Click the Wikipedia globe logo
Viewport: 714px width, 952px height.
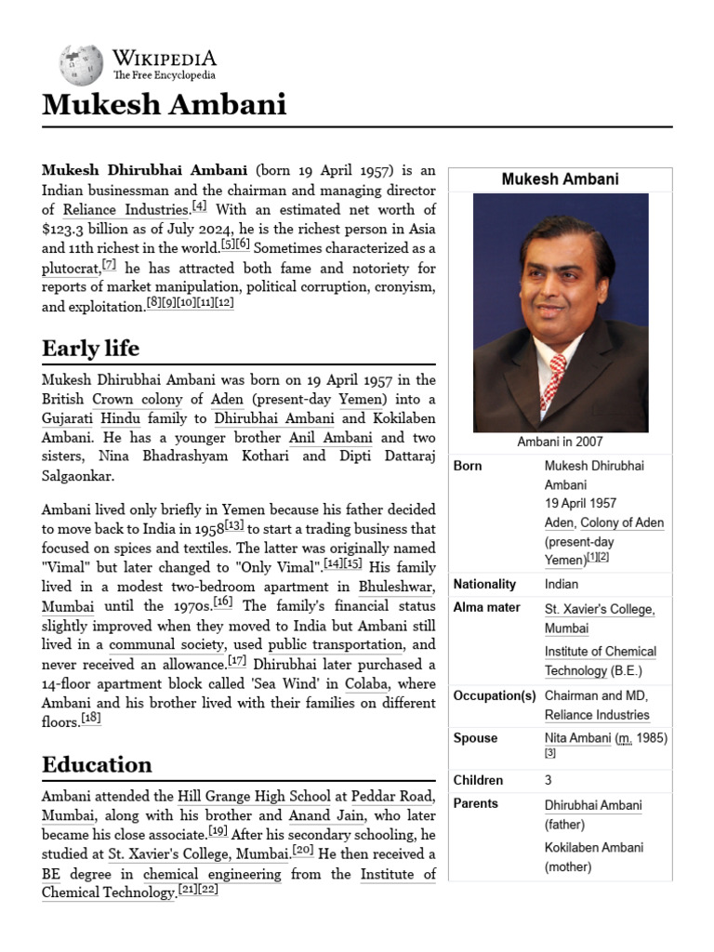[x=81, y=64]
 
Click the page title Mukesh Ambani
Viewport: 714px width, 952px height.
[x=164, y=104]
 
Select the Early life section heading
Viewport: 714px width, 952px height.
[x=90, y=349]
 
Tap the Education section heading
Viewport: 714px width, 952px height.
[x=97, y=764]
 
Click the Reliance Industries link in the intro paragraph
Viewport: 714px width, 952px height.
[x=126, y=210]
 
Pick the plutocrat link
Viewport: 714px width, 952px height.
[x=71, y=269]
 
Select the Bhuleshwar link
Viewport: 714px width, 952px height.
[x=397, y=587]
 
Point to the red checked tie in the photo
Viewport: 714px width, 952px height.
[x=552, y=381]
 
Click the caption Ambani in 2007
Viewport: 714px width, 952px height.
[x=560, y=442]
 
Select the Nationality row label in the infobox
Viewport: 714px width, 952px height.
[x=484, y=584]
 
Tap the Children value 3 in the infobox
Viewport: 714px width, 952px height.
[x=549, y=780]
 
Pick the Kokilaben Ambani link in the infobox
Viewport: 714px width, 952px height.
[x=593, y=847]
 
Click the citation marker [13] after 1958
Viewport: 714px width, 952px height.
[x=234, y=525]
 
